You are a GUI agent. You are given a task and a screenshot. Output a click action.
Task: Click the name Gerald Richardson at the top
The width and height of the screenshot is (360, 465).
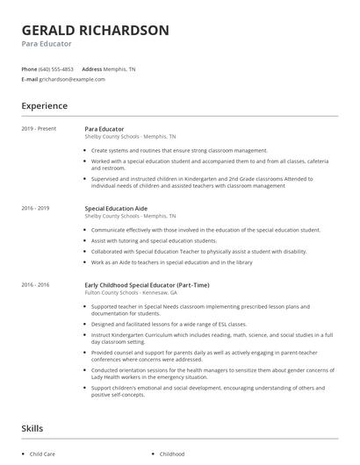pos(96,30)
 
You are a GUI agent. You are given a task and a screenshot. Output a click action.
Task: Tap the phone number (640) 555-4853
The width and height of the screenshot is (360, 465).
pos(56,68)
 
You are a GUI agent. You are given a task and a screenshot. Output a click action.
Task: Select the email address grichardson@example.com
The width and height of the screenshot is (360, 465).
pos(72,79)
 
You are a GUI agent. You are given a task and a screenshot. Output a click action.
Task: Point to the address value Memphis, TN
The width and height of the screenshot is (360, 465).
pos(120,68)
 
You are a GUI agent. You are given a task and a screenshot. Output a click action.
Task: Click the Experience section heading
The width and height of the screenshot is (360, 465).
pos(44,106)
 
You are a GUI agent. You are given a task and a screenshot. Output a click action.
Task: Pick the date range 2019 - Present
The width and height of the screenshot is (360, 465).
pos(39,129)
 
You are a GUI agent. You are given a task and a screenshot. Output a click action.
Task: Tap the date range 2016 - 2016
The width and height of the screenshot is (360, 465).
pos(36,285)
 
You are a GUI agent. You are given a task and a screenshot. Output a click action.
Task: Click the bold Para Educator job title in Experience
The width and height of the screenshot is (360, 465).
pos(104,129)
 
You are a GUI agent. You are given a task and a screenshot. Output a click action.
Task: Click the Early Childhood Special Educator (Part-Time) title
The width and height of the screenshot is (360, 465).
pos(146,285)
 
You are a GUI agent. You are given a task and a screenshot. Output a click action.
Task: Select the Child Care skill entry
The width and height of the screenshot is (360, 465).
pos(42,454)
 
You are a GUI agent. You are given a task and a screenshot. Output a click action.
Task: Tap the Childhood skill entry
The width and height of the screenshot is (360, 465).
pos(172,454)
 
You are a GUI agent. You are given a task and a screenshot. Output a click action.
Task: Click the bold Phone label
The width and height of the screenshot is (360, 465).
pos(29,68)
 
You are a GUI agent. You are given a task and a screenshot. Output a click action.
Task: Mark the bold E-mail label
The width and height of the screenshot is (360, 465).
pos(30,79)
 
